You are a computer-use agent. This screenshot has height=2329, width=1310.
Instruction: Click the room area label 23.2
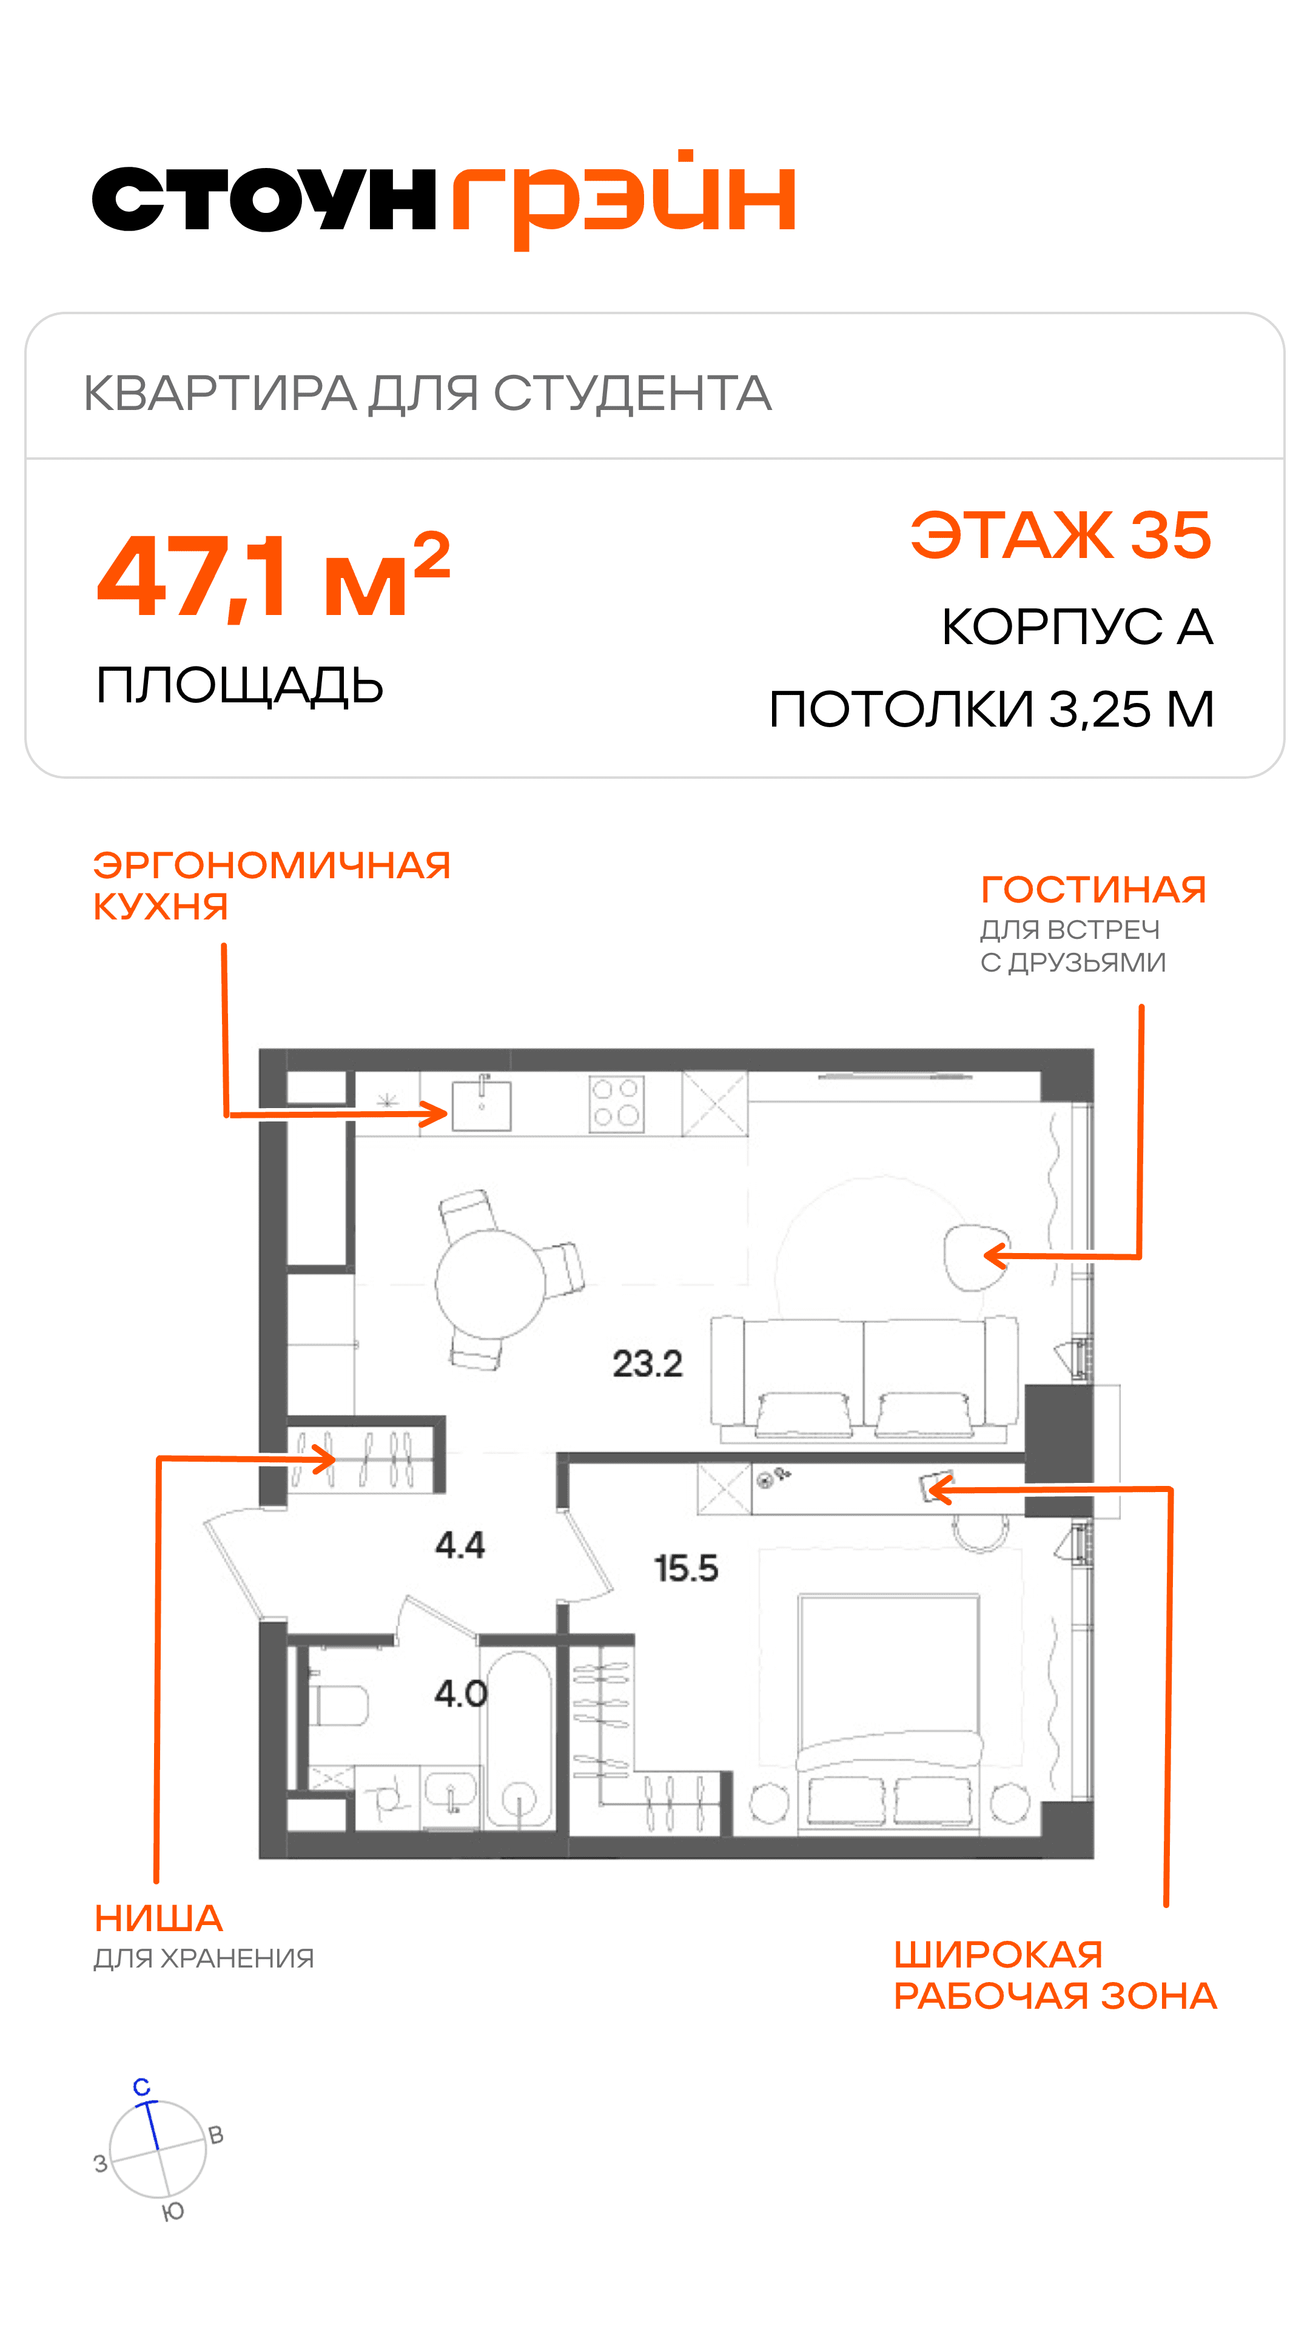pyautogui.click(x=647, y=1363)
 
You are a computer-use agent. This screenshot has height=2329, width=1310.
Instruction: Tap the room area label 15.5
pyautogui.click(x=686, y=1568)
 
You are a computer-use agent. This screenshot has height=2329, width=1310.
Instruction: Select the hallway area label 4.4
pyautogui.click(x=460, y=1545)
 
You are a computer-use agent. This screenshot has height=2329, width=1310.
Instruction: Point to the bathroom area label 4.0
pyautogui.click(x=461, y=1693)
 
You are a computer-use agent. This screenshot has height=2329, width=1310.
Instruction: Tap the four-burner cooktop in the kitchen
pyautogui.click(x=617, y=1104)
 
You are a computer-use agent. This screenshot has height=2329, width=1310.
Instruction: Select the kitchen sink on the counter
pyautogui.click(x=482, y=1105)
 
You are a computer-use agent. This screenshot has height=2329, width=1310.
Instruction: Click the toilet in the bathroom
pyautogui.click(x=339, y=1705)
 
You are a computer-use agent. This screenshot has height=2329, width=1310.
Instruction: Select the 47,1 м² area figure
pyautogui.click(x=273, y=575)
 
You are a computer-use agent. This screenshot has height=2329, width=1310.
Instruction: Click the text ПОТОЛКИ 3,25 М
pyautogui.click(x=992, y=709)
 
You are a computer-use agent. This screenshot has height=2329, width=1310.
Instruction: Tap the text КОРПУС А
pyautogui.click(x=1077, y=627)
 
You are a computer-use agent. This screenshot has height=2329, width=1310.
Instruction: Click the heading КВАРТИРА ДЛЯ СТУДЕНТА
pyautogui.click(x=428, y=393)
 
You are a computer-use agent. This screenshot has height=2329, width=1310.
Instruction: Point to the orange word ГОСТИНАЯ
pyautogui.click(x=1094, y=890)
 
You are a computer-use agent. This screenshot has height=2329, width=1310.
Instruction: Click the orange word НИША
pyautogui.click(x=159, y=1918)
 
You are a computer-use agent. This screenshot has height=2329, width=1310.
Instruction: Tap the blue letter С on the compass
pyautogui.click(x=142, y=2086)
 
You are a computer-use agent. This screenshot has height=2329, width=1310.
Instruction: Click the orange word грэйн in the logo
pyautogui.click(x=625, y=199)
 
